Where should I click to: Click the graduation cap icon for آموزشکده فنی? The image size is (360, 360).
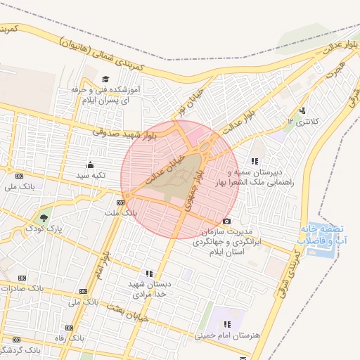105,79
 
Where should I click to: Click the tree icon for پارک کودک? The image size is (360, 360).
45,218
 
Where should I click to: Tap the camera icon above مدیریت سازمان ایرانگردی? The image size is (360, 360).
226,221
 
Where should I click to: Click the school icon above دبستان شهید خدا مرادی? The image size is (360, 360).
149,274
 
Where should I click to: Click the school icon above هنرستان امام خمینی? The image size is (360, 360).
227,324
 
